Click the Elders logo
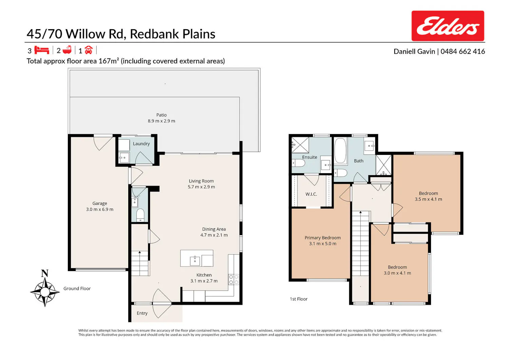tap(448, 26)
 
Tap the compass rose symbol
tap(45, 291)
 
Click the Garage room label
tap(99, 203)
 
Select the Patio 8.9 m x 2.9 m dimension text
tap(161, 121)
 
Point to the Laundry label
tap(142, 144)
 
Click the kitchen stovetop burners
tap(233, 280)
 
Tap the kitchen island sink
tap(195, 261)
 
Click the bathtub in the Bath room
tap(340, 151)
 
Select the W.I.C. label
tap(311, 194)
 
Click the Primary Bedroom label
tap(322, 238)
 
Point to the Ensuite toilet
tap(298, 163)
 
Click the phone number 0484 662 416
tap(463, 51)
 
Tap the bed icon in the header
tap(42, 50)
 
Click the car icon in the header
tap(89, 50)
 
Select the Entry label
tap(142, 313)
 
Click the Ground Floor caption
tap(77, 288)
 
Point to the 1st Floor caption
tap(299, 299)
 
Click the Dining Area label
tap(214, 229)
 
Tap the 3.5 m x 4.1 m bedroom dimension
tap(428, 199)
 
